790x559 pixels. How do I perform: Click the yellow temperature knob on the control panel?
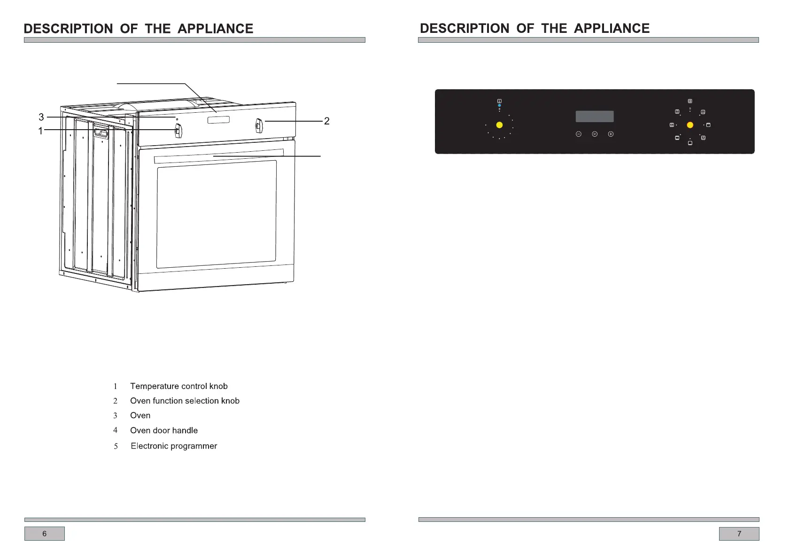tap(499, 125)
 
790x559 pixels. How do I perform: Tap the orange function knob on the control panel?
tap(690, 125)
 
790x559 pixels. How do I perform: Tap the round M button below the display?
tap(595, 134)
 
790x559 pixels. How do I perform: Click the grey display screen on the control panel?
tap(595, 116)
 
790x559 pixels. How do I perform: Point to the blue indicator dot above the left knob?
tap(499, 106)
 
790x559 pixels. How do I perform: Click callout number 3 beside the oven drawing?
tap(41, 117)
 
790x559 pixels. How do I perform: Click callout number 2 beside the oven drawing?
tap(327, 121)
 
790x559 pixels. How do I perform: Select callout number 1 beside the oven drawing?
tap(41, 131)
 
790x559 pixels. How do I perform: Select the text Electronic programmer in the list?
tap(174, 446)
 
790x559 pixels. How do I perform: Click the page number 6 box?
tap(45, 534)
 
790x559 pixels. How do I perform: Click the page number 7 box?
tap(739, 534)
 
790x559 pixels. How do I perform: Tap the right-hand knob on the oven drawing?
tap(259, 126)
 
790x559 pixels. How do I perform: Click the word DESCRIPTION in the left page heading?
tap(68, 29)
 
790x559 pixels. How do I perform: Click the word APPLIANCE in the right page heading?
tap(612, 28)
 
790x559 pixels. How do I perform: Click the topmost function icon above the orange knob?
tap(690, 101)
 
